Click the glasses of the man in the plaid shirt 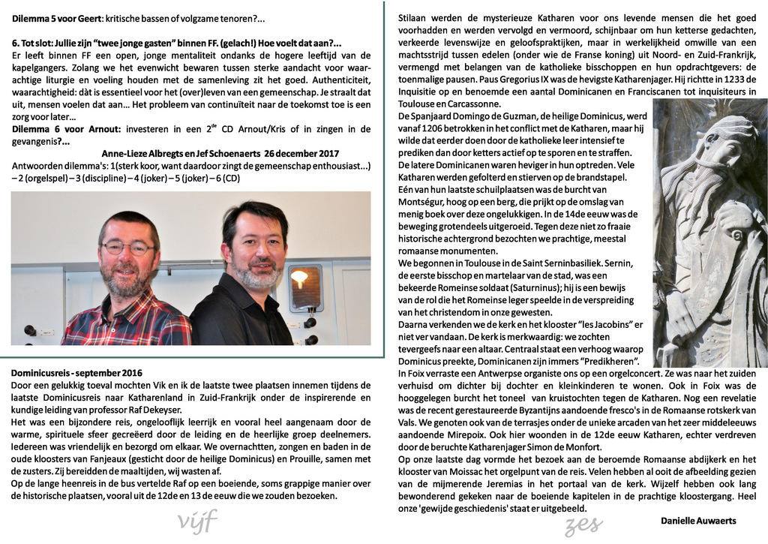(127, 247)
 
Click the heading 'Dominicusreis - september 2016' (76, 372)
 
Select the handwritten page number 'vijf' (197, 519)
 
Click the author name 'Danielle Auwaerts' (698, 521)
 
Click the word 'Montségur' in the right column (424, 202)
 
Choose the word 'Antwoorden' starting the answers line (37, 165)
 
